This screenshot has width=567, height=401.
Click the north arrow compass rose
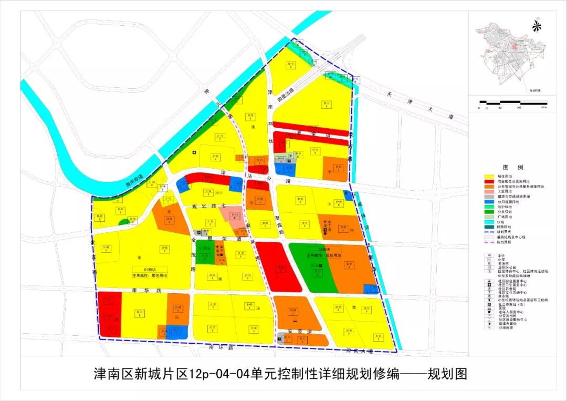tap(536, 25)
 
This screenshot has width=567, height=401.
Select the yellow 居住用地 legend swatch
tap(490, 177)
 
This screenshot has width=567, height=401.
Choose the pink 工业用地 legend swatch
tap(490, 191)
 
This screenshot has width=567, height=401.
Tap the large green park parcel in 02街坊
tap(310, 268)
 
